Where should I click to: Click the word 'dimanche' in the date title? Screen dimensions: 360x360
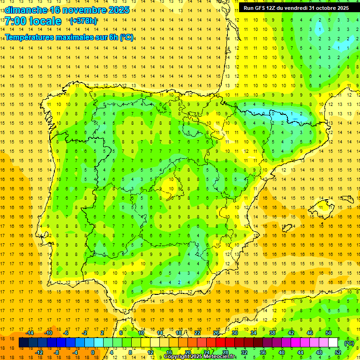(26, 10)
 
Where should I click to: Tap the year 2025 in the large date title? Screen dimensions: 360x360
(115, 10)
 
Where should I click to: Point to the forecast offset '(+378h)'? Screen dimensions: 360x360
(83, 21)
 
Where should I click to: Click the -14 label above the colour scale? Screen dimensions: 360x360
(30, 333)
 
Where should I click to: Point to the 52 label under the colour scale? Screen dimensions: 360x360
(338, 352)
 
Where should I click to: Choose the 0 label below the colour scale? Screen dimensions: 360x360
(93, 352)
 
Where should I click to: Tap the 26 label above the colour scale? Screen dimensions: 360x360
(216, 333)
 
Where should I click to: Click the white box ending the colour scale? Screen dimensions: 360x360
(333, 343)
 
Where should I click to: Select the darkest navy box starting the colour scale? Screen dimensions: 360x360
(23, 343)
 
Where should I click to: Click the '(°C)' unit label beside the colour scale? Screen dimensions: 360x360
(349, 343)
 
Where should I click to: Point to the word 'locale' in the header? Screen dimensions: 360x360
(45, 21)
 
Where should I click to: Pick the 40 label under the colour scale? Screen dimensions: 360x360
(282, 352)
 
